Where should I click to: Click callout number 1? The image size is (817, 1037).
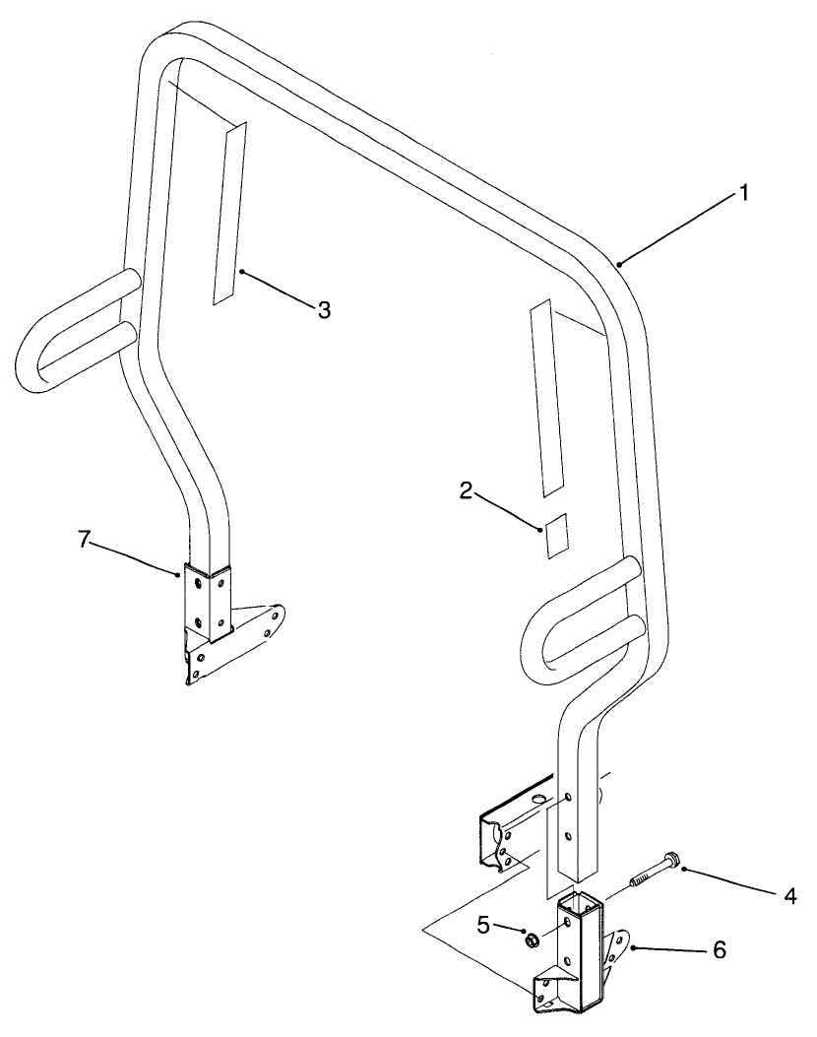click(x=743, y=193)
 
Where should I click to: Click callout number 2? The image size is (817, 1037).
click(x=468, y=491)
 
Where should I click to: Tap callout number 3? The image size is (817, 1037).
click(x=323, y=309)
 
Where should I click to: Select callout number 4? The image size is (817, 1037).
click(x=789, y=897)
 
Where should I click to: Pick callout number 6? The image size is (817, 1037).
click(x=719, y=950)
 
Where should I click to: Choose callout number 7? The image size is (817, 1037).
click(x=84, y=540)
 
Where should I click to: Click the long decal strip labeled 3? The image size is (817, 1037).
click(x=229, y=213)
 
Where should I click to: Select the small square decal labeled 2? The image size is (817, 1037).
click(x=556, y=536)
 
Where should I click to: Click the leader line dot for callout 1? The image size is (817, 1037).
click(x=619, y=264)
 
